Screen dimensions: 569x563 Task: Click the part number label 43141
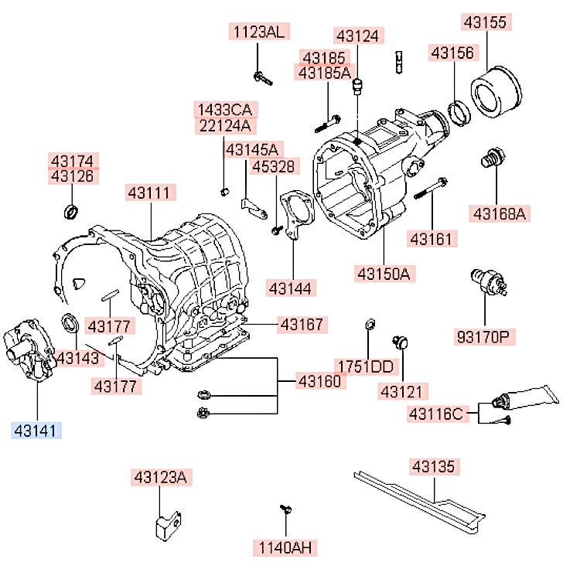click(x=36, y=430)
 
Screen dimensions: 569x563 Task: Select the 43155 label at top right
click(x=487, y=22)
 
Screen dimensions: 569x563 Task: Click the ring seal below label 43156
click(x=458, y=112)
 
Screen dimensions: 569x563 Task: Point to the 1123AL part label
click(x=258, y=32)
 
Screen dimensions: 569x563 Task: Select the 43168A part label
click(x=500, y=213)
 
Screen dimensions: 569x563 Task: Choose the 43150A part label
click(x=384, y=272)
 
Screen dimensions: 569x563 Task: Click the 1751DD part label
click(x=364, y=366)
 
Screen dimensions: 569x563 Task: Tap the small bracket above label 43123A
click(x=166, y=526)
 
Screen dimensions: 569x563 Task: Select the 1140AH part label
click(x=285, y=548)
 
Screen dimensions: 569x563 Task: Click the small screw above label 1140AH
click(x=285, y=509)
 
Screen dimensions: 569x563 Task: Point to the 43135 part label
click(x=435, y=467)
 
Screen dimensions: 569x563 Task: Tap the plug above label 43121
click(x=401, y=342)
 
